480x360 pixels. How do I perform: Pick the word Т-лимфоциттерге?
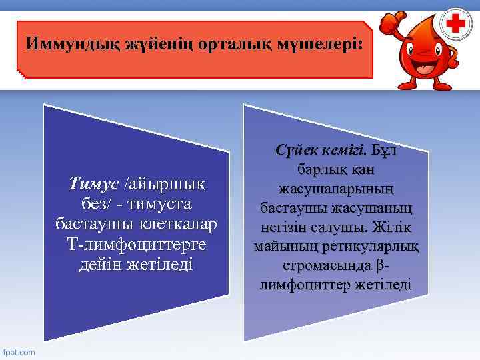pos(135,245)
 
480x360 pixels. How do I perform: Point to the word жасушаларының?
pos(336,189)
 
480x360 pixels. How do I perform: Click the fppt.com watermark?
pos(19,352)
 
